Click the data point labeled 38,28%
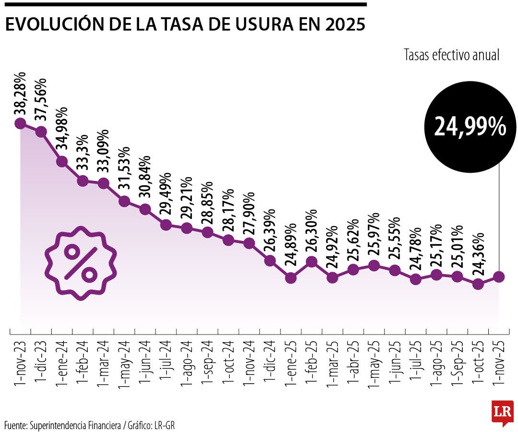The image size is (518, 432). coord(20,123)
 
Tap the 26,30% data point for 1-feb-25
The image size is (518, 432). coord(311,262)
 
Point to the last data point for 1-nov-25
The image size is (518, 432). coord(499,276)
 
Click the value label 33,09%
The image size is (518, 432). coord(104,153)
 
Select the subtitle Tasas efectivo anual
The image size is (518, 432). coord(452,55)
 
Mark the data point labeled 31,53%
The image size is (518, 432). coord(124,201)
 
